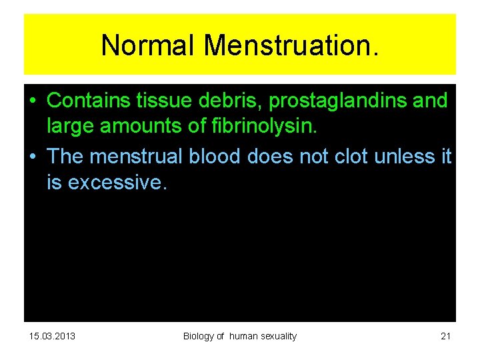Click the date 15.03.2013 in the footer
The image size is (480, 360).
pos(53,336)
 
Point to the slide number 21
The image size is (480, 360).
pos(446,336)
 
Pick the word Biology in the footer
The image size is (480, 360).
pos(199,336)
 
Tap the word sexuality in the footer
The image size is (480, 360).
pos(277,336)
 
